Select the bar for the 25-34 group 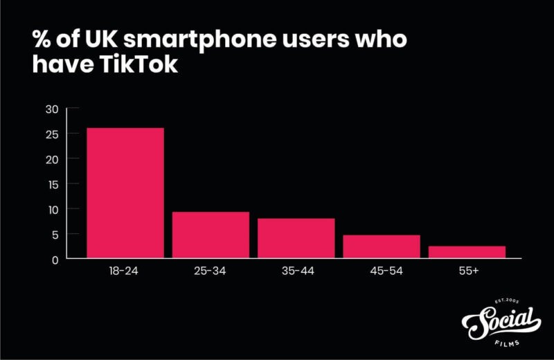(211, 235)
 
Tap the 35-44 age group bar (296, 238)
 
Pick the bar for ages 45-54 (382, 246)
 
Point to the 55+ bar (467, 252)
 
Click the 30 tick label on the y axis (52, 109)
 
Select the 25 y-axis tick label (52, 134)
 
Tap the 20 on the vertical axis (52, 159)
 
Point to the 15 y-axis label (52, 183)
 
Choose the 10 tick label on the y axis (52, 208)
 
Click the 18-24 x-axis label (125, 271)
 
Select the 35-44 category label (296, 271)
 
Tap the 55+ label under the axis (467, 271)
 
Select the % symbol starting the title (42, 40)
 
